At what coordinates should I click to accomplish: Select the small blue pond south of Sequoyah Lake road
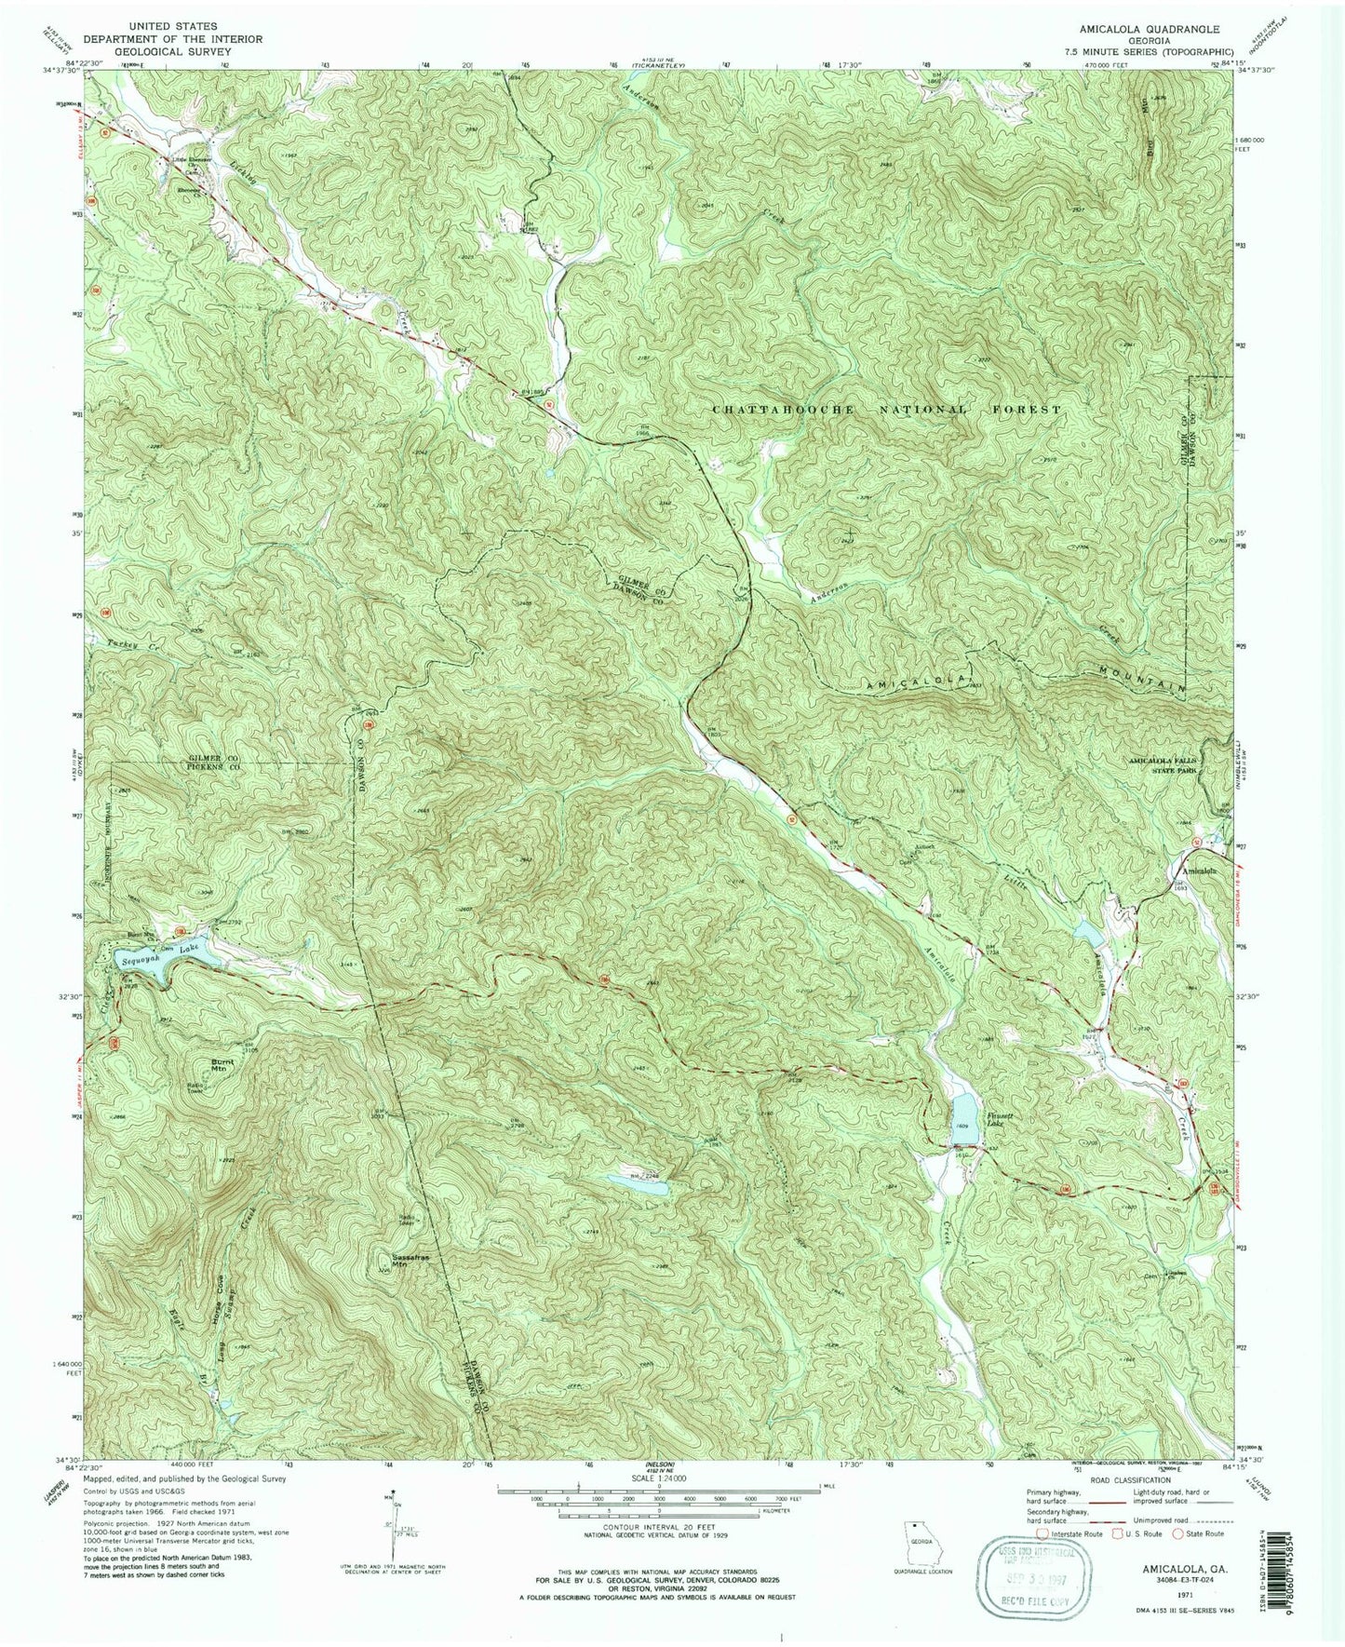click(x=637, y=1181)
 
